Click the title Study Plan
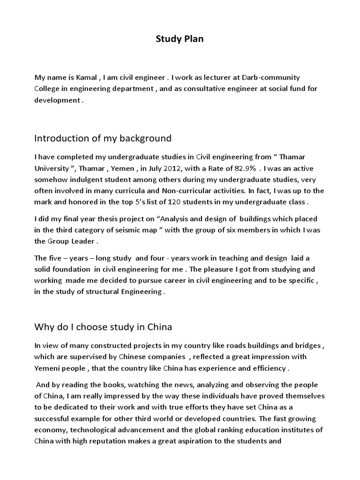pos(180,39)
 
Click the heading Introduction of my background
pos(103,138)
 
